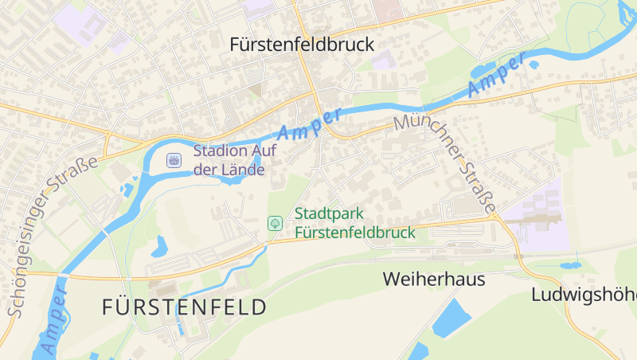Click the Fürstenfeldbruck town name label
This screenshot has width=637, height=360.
pos(301,45)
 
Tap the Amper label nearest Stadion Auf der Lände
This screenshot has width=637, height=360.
pos(310,124)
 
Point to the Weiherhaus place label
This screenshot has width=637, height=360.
pos(433,280)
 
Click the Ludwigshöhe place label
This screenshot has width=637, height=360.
pos(584,294)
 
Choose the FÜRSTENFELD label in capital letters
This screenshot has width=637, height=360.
pos(184,307)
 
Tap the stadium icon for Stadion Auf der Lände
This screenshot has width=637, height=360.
pos(173,161)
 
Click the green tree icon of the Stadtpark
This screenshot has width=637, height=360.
pos(275,223)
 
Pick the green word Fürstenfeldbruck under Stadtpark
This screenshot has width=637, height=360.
pos(355,233)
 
